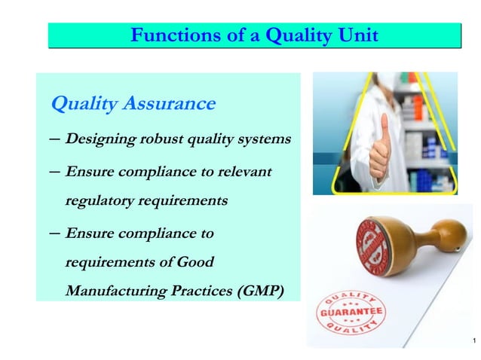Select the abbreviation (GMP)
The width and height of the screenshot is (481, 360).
coord(259,292)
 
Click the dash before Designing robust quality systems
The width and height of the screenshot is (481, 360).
coord(54,140)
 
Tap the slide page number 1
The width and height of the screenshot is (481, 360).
coord(472,343)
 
